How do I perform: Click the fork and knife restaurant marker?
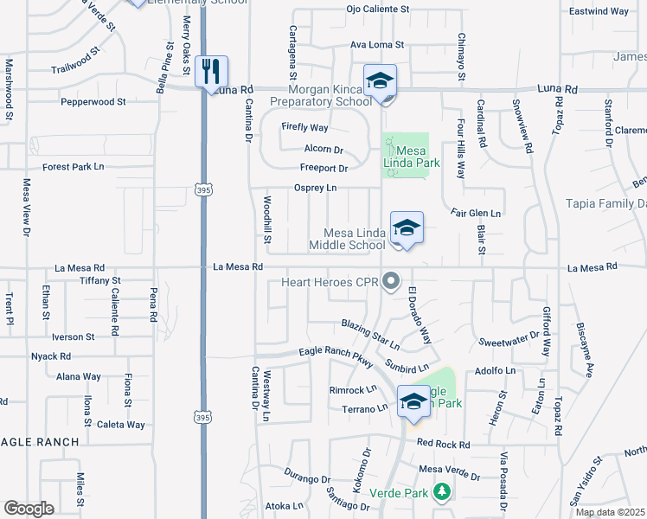coord(212,72)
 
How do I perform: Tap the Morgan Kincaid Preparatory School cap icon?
coord(379,80)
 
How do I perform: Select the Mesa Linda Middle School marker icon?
coord(406,227)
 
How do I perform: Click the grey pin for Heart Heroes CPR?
coord(391,281)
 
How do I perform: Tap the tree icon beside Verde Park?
coord(442,491)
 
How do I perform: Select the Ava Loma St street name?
coord(377,44)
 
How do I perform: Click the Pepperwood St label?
coord(93,101)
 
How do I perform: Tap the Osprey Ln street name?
coord(315,188)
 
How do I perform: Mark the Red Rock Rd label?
coord(443,444)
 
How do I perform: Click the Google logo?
coord(29,509)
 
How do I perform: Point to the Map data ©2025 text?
coord(609,512)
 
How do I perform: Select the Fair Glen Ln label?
coord(476,213)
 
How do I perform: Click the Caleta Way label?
coord(120,425)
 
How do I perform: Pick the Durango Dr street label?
coord(308,477)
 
